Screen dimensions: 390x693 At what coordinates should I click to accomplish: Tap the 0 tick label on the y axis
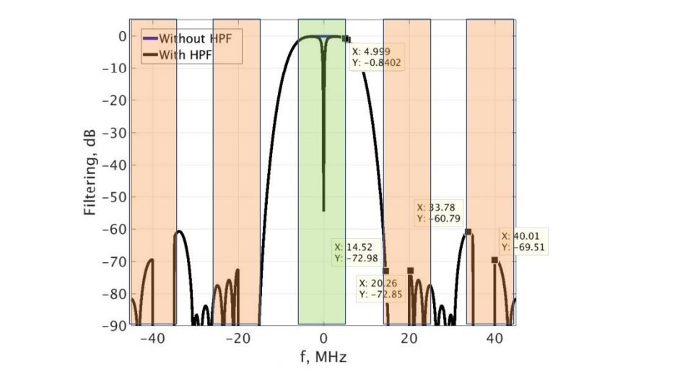coord(122,36)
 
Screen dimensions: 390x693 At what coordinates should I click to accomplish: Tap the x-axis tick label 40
coord(495,338)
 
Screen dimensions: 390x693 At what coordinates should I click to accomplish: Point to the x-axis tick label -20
coord(237,338)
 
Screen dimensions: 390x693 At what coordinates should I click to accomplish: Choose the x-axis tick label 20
coord(409,338)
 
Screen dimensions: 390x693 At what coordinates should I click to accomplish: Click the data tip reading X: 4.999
coord(376,57)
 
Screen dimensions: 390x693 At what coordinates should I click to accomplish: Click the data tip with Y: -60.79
coord(439,212)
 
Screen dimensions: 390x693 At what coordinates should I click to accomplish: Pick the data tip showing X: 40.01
coord(524,241)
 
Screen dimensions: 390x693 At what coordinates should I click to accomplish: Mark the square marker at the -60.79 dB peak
coord(468,232)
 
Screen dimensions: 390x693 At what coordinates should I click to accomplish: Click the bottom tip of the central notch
coord(323,210)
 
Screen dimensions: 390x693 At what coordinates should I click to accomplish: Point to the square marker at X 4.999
coord(345,39)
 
